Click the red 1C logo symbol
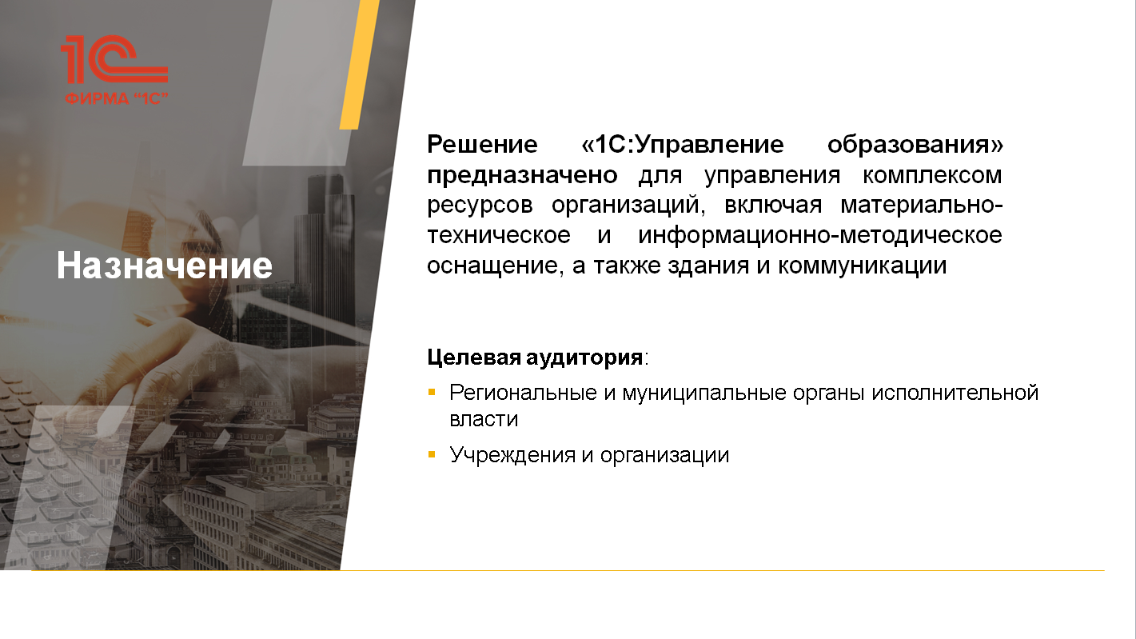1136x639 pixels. (x=114, y=59)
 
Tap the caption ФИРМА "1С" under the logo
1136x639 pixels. (x=117, y=98)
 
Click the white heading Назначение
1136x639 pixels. (x=165, y=266)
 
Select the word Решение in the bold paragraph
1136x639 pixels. (x=482, y=145)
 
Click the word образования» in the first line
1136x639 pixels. (x=915, y=145)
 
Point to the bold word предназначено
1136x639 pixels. (x=522, y=175)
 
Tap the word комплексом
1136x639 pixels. (x=932, y=175)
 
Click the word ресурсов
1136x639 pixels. (x=480, y=206)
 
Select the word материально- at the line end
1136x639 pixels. (x=922, y=205)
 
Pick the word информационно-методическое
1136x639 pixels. (x=820, y=235)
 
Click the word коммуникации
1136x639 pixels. (x=862, y=266)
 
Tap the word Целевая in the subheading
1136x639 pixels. (x=474, y=357)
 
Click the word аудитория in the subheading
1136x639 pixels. (x=584, y=357)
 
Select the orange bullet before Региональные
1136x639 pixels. (x=432, y=392)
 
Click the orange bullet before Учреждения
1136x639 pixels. (x=432, y=454)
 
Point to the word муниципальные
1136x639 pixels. (x=705, y=393)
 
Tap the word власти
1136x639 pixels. (x=484, y=419)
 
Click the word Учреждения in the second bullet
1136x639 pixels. (x=512, y=455)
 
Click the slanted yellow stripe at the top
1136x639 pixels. (x=360, y=65)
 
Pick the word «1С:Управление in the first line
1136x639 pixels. (x=683, y=145)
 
